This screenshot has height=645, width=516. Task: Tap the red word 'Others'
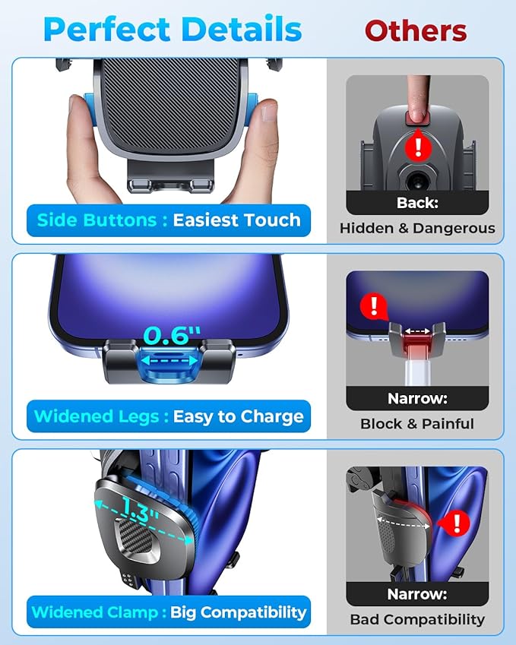pos(415,30)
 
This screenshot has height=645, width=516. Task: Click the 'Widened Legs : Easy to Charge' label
pos(169,416)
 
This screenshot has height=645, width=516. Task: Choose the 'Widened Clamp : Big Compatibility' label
pos(169,612)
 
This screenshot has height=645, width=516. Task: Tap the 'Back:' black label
pos(417,203)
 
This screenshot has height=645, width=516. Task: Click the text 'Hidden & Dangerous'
pos(417,228)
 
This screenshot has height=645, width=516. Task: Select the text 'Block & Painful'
pos(417,424)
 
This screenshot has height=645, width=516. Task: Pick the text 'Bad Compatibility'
pos(417,620)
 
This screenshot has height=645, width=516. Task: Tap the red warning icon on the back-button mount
pos(416,144)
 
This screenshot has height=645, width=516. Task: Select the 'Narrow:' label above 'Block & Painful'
pos(417,398)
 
